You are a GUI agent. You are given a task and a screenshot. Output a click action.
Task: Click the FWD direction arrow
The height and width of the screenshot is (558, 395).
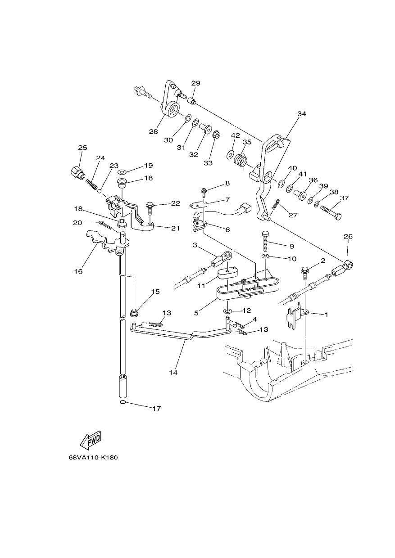click(x=91, y=440)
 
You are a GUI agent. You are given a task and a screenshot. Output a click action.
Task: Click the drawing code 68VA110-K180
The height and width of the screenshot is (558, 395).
click(x=93, y=464)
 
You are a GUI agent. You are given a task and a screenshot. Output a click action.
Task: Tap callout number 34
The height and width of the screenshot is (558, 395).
click(x=302, y=114)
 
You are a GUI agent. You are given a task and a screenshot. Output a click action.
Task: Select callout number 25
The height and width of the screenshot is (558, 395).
click(x=82, y=148)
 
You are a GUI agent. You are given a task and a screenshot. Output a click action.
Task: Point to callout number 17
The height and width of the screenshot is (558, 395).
click(x=157, y=409)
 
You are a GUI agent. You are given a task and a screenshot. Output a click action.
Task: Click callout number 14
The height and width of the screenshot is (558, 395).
click(x=173, y=379)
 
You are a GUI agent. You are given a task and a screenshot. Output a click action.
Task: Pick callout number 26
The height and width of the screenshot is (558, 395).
click(x=348, y=236)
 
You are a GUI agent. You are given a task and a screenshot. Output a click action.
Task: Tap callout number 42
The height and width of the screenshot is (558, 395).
click(x=236, y=135)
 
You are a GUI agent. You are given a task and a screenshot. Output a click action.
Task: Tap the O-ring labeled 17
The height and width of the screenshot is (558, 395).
click(x=122, y=402)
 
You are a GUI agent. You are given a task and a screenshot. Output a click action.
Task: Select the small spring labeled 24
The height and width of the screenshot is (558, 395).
click(x=91, y=184)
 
